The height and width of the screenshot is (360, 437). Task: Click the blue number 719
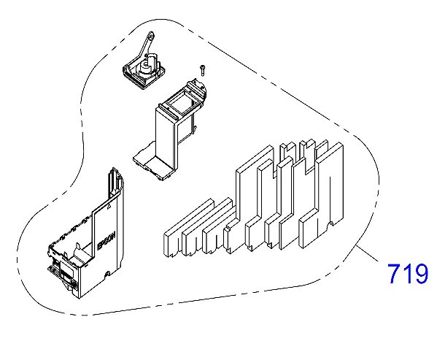click(407, 274)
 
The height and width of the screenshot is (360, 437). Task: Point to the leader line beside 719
click(367, 254)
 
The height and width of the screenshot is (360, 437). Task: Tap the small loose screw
click(202, 70)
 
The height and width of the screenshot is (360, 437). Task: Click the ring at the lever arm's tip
click(151, 36)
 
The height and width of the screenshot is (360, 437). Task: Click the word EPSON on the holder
click(106, 241)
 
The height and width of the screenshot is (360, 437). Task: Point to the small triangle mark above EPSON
click(109, 206)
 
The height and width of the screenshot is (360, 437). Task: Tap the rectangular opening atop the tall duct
click(180, 104)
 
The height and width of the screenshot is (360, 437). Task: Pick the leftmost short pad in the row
click(188, 228)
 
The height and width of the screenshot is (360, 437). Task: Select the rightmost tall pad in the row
click(321, 195)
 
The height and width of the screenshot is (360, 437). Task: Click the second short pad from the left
click(206, 226)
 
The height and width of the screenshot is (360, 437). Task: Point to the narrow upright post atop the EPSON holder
click(113, 181)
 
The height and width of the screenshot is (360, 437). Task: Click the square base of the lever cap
click(144, 75)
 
